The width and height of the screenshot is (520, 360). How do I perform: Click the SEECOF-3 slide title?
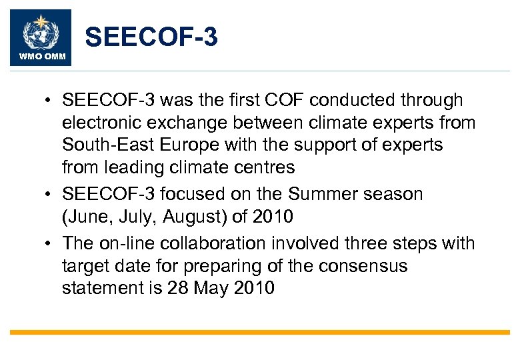151,38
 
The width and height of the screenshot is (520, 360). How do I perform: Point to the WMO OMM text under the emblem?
40,56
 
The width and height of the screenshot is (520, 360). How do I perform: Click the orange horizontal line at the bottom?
260,332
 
